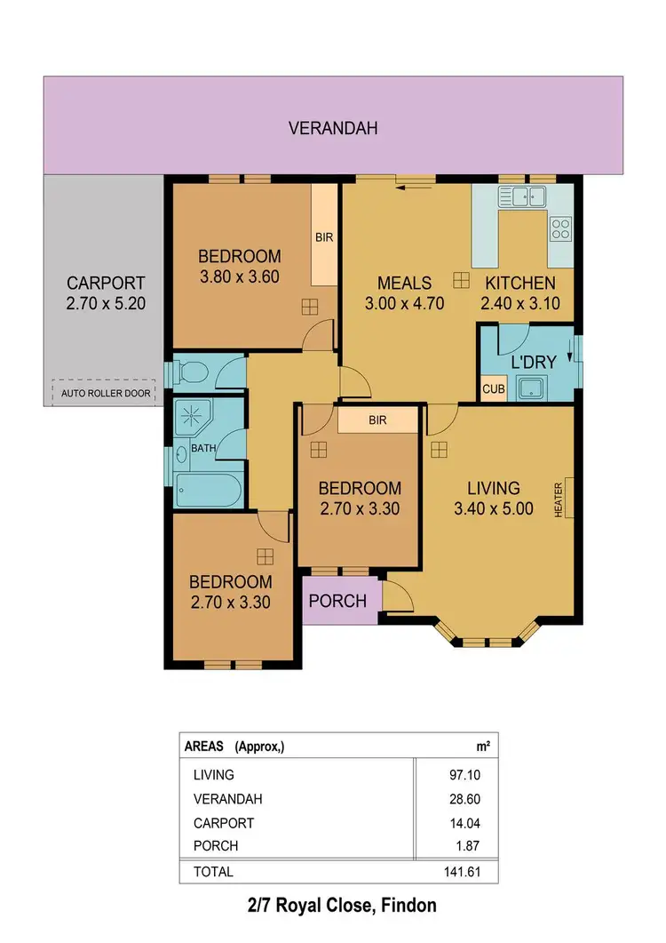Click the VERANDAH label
333,128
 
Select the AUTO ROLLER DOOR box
104,392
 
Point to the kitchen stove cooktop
560,228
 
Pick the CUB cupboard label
492,389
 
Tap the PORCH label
337,601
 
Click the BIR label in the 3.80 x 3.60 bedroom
324,237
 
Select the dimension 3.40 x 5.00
494,509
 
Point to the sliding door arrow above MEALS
410,187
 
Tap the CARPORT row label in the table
223,823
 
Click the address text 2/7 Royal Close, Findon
342,907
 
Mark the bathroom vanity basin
183,454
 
